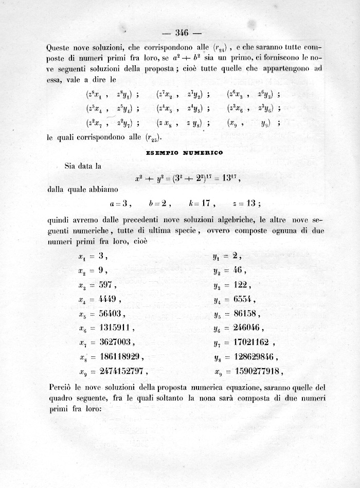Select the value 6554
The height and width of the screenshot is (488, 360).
tap(241, 299)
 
